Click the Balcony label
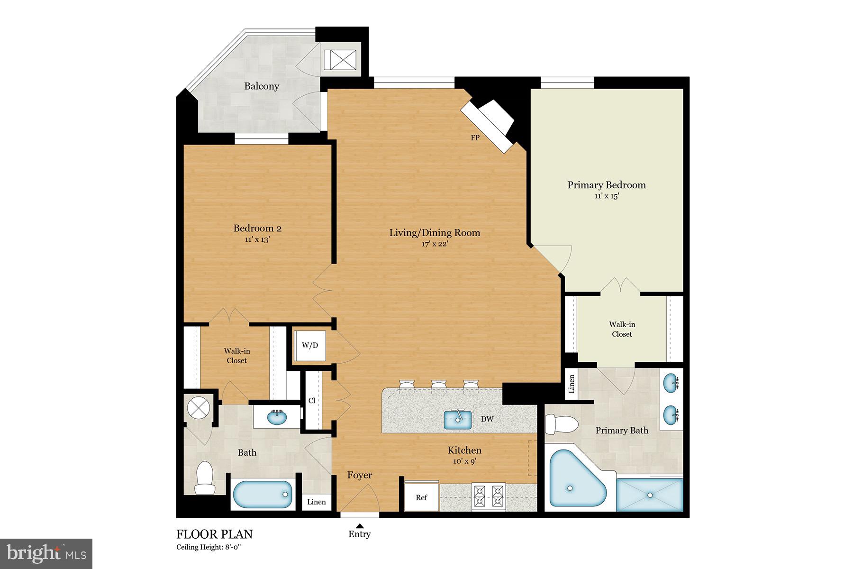pyautogui.click(x=262, y=86)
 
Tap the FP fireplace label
pyautogui.click(x=475, y=138)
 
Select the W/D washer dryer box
pyautogui.click(x=310, y=345)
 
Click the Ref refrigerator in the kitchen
pyautogui.click(x=421, y=497)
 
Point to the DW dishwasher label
pyautogui.click(x=487, y=419)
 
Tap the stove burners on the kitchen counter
pyautogui.click(x=489, y=496)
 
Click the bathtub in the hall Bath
pyautogui.click(x=263, y=495)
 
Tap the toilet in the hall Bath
pyautogui.click(x=205, y=478)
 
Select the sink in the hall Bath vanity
pyautogui.click(x=277, y=417)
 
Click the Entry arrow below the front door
pyautogui.click(x=360, y=525)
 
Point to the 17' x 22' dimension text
pyautogui.click(x=435, y=244)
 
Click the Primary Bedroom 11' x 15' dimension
pyautogui.click(x=607, y=196)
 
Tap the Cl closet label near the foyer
pyautogui.click(x=312, y=401)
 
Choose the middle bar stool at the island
pyautogui.click(x=438, y=386)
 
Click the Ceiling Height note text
pyautogui.click(x=209, y=547)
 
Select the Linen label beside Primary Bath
pyautogui.click(x=572, y=384)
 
